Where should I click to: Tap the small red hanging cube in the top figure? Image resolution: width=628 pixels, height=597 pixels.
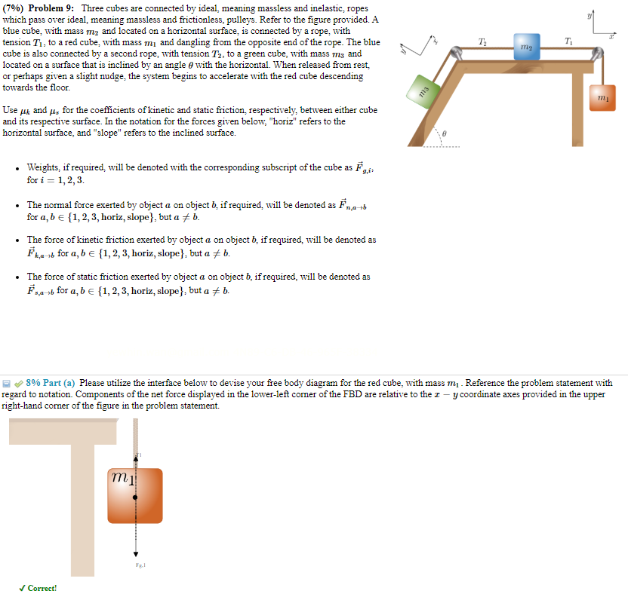coord(602,98)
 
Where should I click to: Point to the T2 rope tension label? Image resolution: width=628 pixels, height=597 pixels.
coord(483,40)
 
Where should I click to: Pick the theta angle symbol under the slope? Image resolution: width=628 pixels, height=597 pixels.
coord(445,132)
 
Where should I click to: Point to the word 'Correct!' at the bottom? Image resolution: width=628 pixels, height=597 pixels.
coord(42,588)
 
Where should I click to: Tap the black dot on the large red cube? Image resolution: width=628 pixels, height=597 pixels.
coord(135,498)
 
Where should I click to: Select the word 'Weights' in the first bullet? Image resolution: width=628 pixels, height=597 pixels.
coord(43,167)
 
